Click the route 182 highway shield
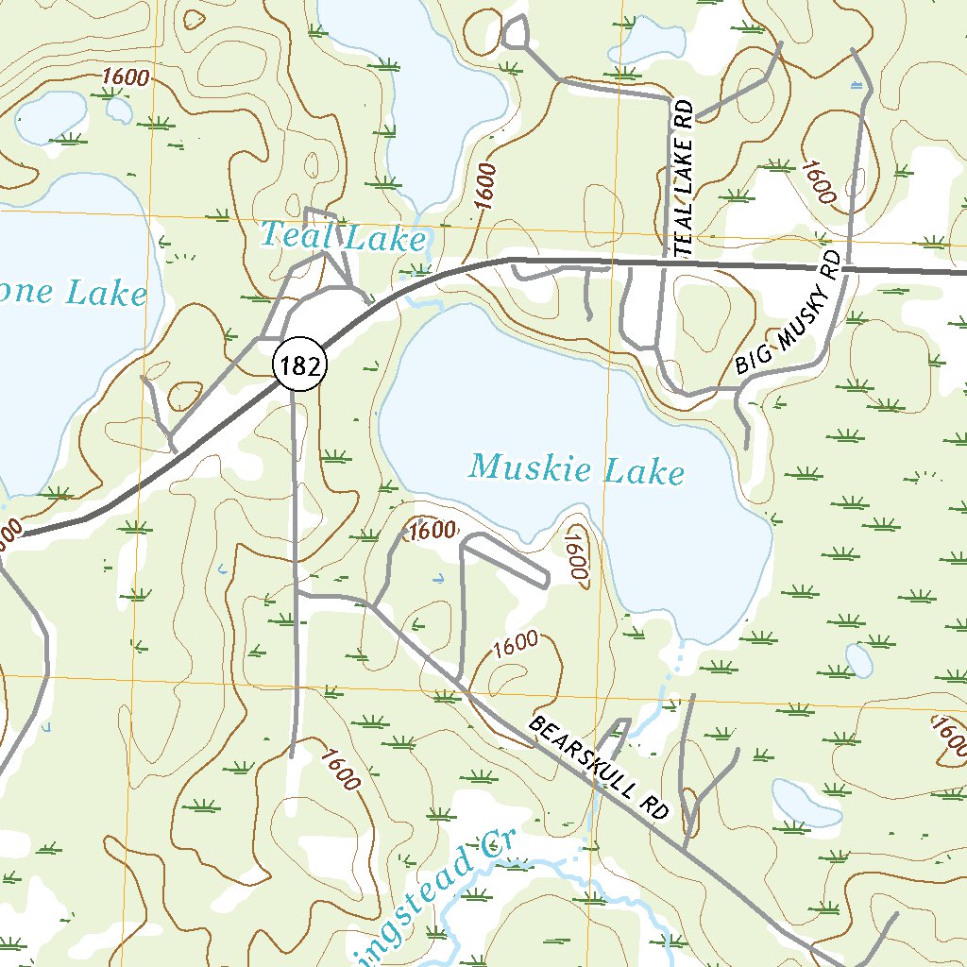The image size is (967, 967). coord(300,365)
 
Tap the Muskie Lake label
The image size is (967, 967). coord(576,468)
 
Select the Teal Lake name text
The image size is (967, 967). coord(343,236)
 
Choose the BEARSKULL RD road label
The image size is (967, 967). coord(599,767)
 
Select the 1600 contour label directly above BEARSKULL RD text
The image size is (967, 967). coord(515,645)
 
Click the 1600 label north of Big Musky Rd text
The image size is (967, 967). coord(819,182)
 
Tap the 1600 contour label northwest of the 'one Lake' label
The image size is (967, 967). coord(126,77)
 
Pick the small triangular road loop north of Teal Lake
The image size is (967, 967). coord(515,32)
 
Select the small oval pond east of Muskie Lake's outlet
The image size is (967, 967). coord(858,660)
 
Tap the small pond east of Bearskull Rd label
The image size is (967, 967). coord(806,803)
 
